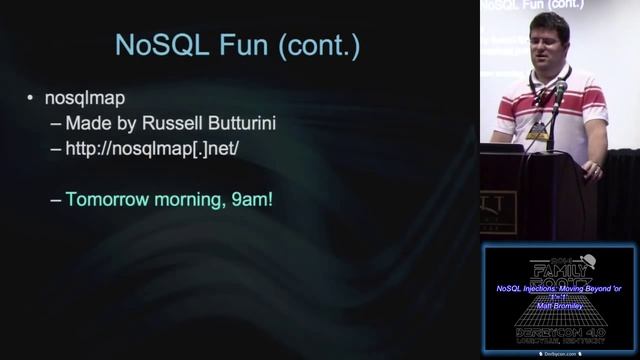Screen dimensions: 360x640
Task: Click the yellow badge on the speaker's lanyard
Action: (538, 131)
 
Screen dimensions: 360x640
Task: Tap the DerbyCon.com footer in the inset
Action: (559, 352)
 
